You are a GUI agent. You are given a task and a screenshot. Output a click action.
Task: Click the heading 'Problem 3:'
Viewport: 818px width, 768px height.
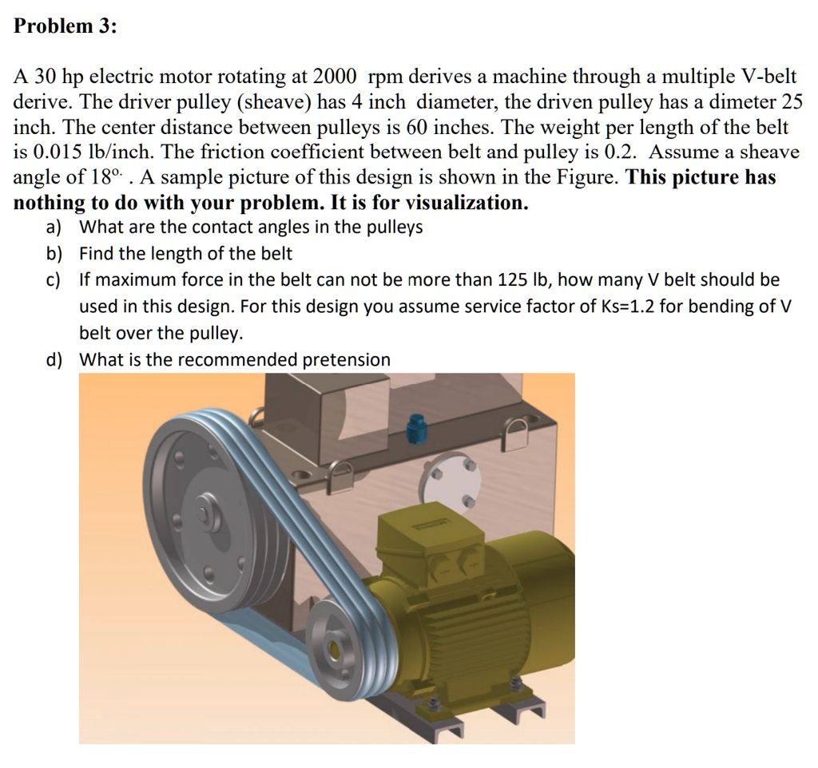pos(66,26)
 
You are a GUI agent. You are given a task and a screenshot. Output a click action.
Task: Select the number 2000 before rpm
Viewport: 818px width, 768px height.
pos(334,77)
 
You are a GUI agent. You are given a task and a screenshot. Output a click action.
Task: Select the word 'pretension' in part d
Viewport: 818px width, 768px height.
pos(347,360)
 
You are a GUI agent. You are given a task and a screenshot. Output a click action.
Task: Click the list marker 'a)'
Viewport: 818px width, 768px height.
pos(54,228)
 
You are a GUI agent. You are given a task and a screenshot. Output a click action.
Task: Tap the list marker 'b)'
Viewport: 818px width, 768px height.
pos(54,254)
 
